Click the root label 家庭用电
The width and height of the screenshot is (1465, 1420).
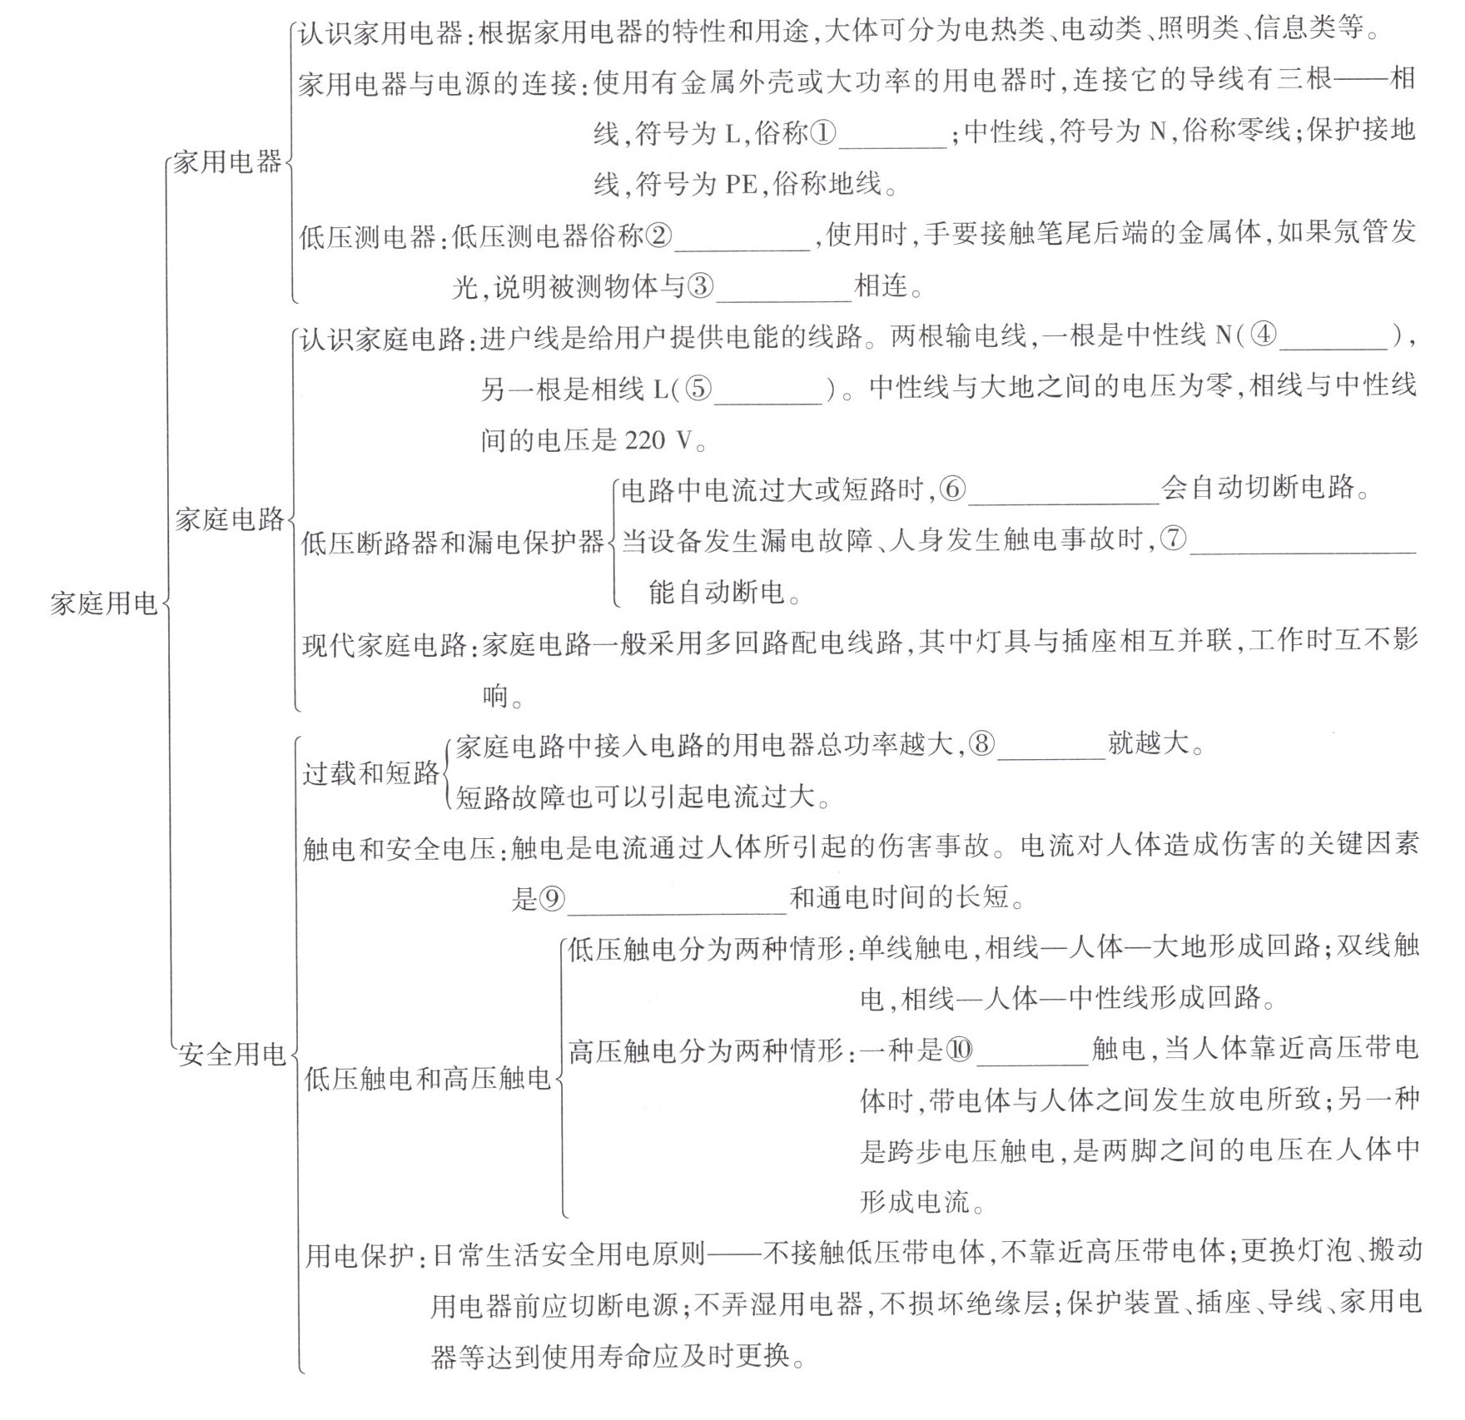coord(103,603)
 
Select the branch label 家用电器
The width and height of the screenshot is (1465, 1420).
coord(227,161)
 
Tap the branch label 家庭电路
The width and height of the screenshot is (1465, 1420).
coord(229,519)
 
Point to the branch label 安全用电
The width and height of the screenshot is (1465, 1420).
coord(231,1055)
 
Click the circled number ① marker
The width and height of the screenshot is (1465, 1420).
coord(822,132)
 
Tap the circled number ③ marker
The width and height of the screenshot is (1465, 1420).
coord(700,287)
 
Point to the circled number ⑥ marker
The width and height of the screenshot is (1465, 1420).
coord(952,489)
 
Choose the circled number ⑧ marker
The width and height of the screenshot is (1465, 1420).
coord(982,743)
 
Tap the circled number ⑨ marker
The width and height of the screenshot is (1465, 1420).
coord(551,897)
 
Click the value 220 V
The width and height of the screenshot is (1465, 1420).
coord(658,440)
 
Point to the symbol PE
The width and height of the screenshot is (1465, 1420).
coord(741,184)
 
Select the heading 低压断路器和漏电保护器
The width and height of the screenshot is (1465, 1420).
coord(452,543)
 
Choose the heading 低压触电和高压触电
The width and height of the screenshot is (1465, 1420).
coord(427,1079)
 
